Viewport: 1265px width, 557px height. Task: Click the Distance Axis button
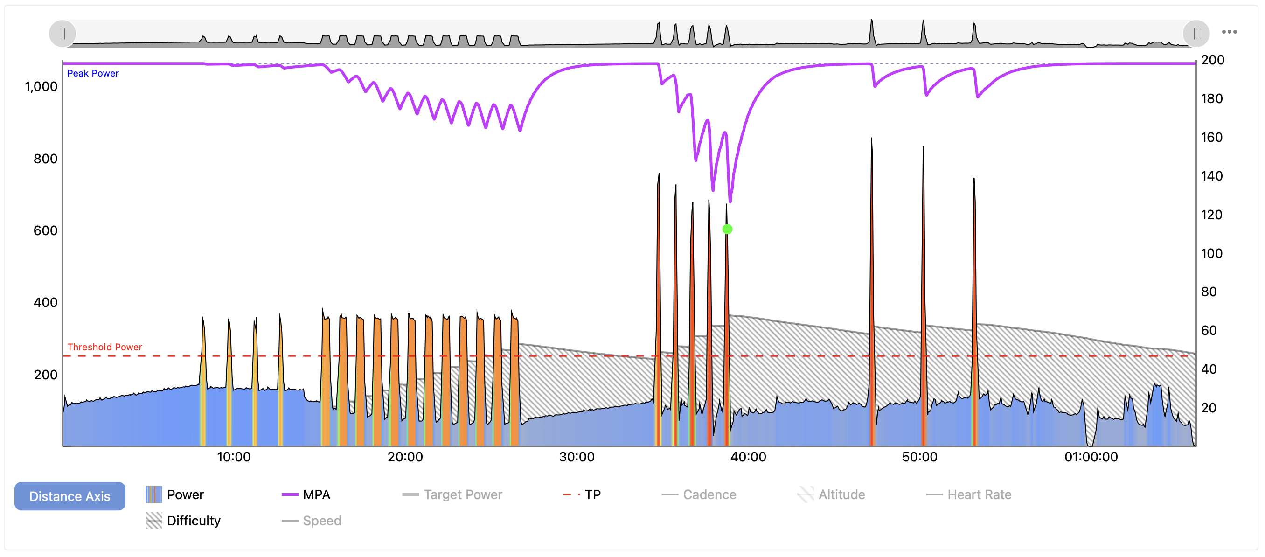click(x=70, y=496)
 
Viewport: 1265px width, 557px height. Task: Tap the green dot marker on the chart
click(x=727, y=229)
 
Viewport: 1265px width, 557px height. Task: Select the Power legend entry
click(x=175, y=494)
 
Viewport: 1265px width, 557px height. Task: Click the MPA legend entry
click(x=306, y=494)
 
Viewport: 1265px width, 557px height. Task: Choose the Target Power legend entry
click(x=452, y=494)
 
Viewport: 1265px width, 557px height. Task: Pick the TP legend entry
click(x=582, y=494)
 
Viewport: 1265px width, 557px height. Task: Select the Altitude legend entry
click(x=831, y=494)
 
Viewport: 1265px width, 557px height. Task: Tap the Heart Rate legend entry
click(x=968, y=494)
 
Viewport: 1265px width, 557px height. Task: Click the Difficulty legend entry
click(x=183, y=521)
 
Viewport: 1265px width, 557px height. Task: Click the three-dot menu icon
click(x=1229, y=32)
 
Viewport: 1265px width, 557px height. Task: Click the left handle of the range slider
click(x=63, y=34)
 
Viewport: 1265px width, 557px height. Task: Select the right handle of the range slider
click(x=1196, y=34)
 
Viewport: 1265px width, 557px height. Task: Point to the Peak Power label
click(x=93, y=73)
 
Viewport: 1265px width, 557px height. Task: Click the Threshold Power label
click(x=104, y=347)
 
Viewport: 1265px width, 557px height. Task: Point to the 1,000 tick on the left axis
click(x=41, y=86)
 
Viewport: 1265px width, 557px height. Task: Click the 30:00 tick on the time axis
click(x=577, y=457)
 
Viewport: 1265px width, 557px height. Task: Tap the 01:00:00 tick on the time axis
click(x=1091, y=457)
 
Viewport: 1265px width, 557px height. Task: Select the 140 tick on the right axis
click(x=1211, y=176)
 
